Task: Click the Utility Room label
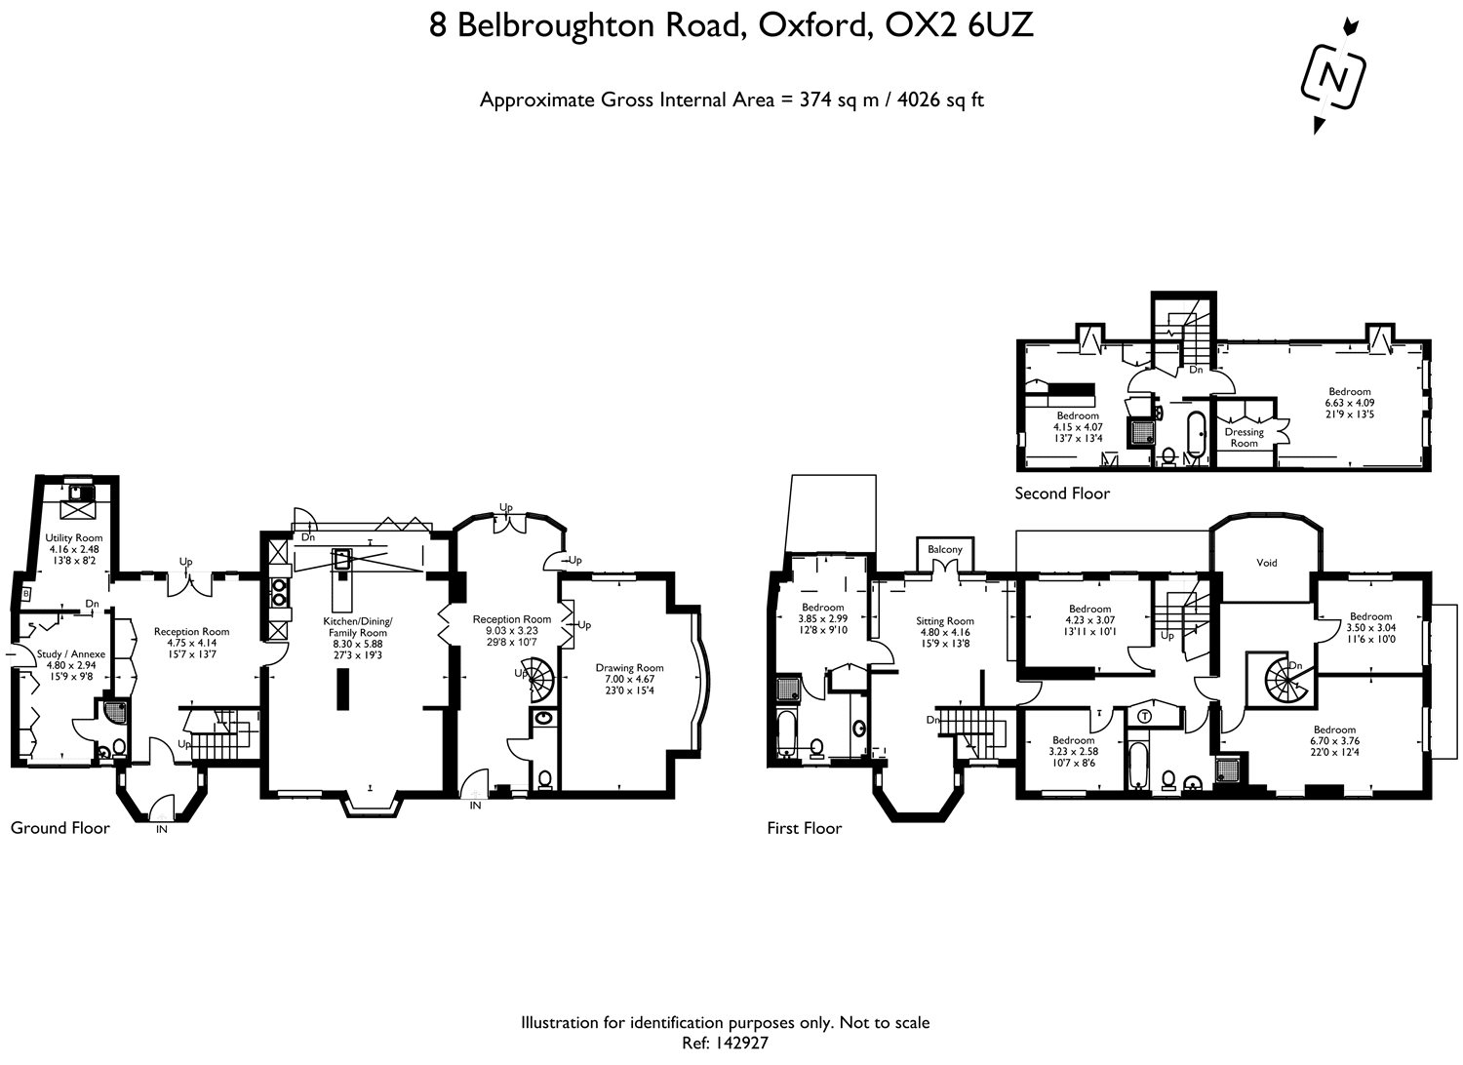74,538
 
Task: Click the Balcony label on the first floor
944,550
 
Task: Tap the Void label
1266,563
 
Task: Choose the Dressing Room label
1244,437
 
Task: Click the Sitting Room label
944,621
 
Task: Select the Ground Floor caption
59,828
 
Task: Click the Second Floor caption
1062,493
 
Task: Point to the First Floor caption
804,829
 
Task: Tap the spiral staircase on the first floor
1283,678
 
